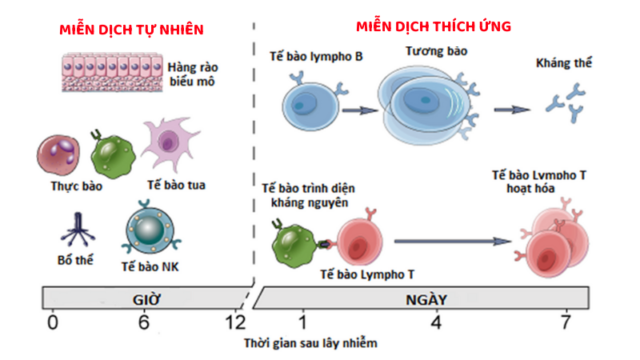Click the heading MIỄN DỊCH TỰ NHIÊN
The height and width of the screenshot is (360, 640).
tap(131, 30)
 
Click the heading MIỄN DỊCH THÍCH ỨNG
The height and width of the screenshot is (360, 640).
tap(434, 26)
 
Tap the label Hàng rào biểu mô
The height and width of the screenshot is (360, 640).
tap(193, 74)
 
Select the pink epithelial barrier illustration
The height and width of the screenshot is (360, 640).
tap(112, 72)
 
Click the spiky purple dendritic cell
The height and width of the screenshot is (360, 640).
tap(169, 142)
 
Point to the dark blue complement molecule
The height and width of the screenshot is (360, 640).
tap(78, 230)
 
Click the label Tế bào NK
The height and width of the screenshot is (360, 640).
tap(150, 266)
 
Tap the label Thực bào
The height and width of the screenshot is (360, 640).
tap(76, 186)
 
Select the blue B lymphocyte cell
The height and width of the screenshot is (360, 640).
tap(311, 104)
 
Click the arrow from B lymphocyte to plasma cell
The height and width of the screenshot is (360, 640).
tap(360, 110)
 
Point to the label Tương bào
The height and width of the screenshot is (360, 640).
tap(436, 51)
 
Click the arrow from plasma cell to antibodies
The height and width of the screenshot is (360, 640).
tap(512, 110)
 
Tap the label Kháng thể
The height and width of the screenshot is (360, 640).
tap(564, 63)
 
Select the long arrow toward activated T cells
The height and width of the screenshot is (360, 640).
tap(453, 242)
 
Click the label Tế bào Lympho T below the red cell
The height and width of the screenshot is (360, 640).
tap(367, 274)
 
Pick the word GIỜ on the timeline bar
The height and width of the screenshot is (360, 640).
tap(146, 299)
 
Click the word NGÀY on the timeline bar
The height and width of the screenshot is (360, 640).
tap(426, 299)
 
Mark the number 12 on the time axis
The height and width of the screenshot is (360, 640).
tap(235, 322)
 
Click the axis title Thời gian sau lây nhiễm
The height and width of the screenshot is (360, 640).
tap(310, 343)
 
